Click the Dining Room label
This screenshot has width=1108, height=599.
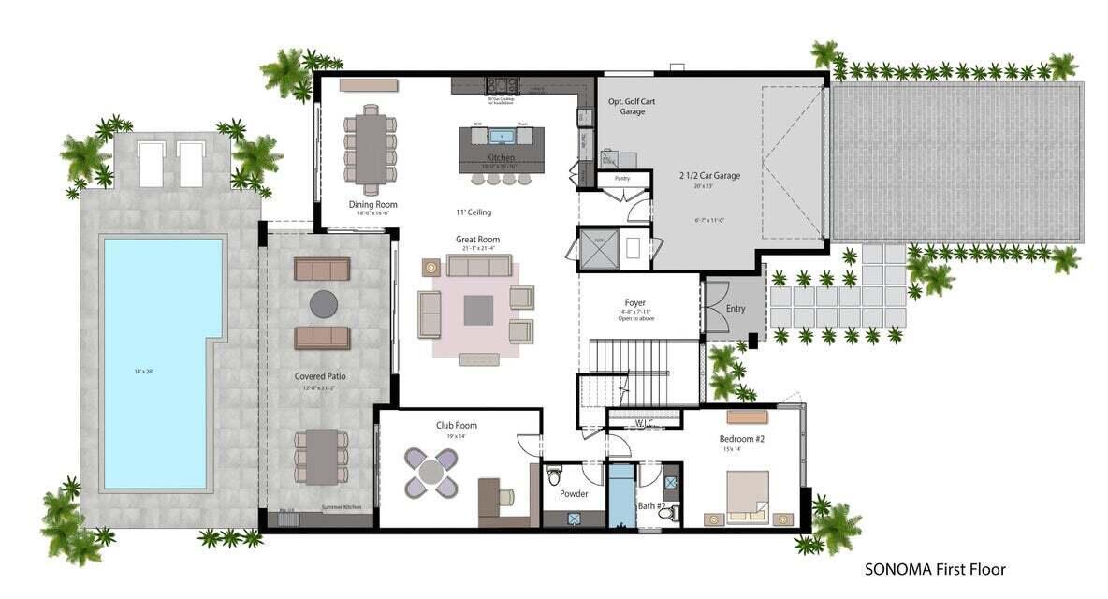coord(373,204)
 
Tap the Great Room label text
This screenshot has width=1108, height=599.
coord(477,240)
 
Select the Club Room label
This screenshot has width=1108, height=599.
coord(457,425)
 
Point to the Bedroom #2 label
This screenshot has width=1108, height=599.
coord(742,438)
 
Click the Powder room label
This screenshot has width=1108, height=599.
coord(573,493)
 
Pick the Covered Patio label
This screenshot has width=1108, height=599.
coord(320,376)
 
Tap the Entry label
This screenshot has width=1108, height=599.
coord(736,308)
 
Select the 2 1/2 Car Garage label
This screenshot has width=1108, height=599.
coord(709,175)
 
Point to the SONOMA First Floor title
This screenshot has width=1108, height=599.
coord(935,568)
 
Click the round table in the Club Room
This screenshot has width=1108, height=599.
coord(430,472)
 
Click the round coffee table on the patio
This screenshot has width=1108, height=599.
coord(324,302)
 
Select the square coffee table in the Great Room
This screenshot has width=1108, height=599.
coord(477,310)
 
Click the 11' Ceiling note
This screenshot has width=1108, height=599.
coord(474,212)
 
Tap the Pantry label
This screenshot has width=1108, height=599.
coord(621,177)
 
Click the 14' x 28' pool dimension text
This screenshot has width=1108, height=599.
coord(143,372)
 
